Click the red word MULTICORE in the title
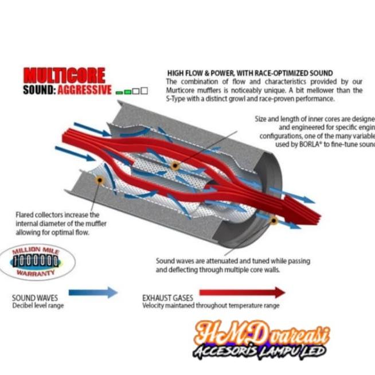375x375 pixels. (x=64, y=75)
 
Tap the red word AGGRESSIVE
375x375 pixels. (x=85, y=91)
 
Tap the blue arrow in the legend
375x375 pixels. (x=93, y=292)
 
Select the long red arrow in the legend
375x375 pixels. (x=241, y=292)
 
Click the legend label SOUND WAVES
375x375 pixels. (x=35, y=298)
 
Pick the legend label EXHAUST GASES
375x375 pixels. (x=167, y=298)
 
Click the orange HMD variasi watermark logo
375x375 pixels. (x=261, y=333)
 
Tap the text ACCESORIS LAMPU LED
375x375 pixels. (x=261, y=351)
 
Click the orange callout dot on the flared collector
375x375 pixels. (x=100, y=180)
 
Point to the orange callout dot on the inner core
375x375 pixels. (x=175, y=166)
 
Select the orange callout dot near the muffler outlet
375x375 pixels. (x=274, y=220)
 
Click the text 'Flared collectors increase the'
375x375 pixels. (x=58, y=214)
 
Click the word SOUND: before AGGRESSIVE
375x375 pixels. (x=40, y=91)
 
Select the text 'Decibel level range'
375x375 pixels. (x=38, y=306)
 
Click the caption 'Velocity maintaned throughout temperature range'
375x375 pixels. (x=210, y=306)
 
